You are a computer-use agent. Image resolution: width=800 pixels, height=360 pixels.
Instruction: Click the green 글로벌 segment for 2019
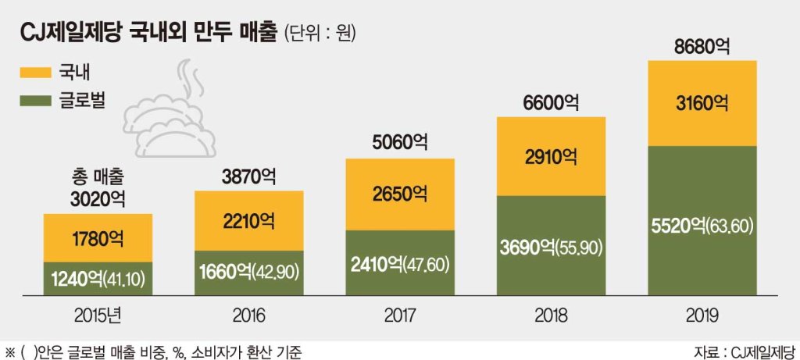pyautogui.click(x=702, y=220)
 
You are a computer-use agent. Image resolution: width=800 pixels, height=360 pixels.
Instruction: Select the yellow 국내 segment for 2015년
pyautogui.click(x=98, y=237)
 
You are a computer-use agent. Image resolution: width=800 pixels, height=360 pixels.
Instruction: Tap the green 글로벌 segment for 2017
pyautogui.click(x=400, y=262)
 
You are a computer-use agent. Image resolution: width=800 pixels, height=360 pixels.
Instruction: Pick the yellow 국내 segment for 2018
pyautogui.click(x=551, y=156)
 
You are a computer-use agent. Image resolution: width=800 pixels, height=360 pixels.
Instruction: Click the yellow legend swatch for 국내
pyautogui.click(x=35, y=73)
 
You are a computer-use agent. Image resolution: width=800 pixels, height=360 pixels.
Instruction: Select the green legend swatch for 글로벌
pyautogui.click(x=35, y=101)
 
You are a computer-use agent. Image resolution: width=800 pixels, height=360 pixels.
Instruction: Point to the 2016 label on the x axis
pyautogui.click(x=249, y=316)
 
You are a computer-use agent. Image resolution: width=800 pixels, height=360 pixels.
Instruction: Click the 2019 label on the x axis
pyautogui.click(x=702, y=316)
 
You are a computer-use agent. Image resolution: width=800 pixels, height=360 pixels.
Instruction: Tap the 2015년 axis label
pyautogui.click(x=98, y=316)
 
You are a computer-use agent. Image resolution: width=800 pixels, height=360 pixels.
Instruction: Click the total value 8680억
pyautogui.click(x=702, y=47)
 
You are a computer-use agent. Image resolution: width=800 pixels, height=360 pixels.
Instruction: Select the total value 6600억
pyautogui.click(x=551, y=103)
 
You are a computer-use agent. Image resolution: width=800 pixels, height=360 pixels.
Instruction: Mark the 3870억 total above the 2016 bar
pyautogui.click(x=249, y=176)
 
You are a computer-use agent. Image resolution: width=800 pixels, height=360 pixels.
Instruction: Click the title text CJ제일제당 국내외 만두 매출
pyautogui.click(x=148, y=34)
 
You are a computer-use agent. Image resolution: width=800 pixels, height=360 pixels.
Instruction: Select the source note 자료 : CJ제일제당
pyautogui.click(x=745, y=352)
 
